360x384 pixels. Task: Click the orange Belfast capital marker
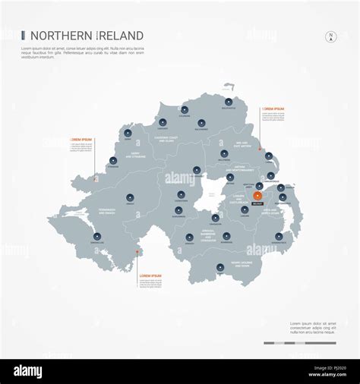coord(257,197)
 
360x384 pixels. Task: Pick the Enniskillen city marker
coord(97,235)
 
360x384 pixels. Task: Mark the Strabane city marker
coord(112,160)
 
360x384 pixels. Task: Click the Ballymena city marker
coord(223,151)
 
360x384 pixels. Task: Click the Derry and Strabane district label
coord(139,156)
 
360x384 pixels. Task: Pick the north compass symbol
coord(330,36)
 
